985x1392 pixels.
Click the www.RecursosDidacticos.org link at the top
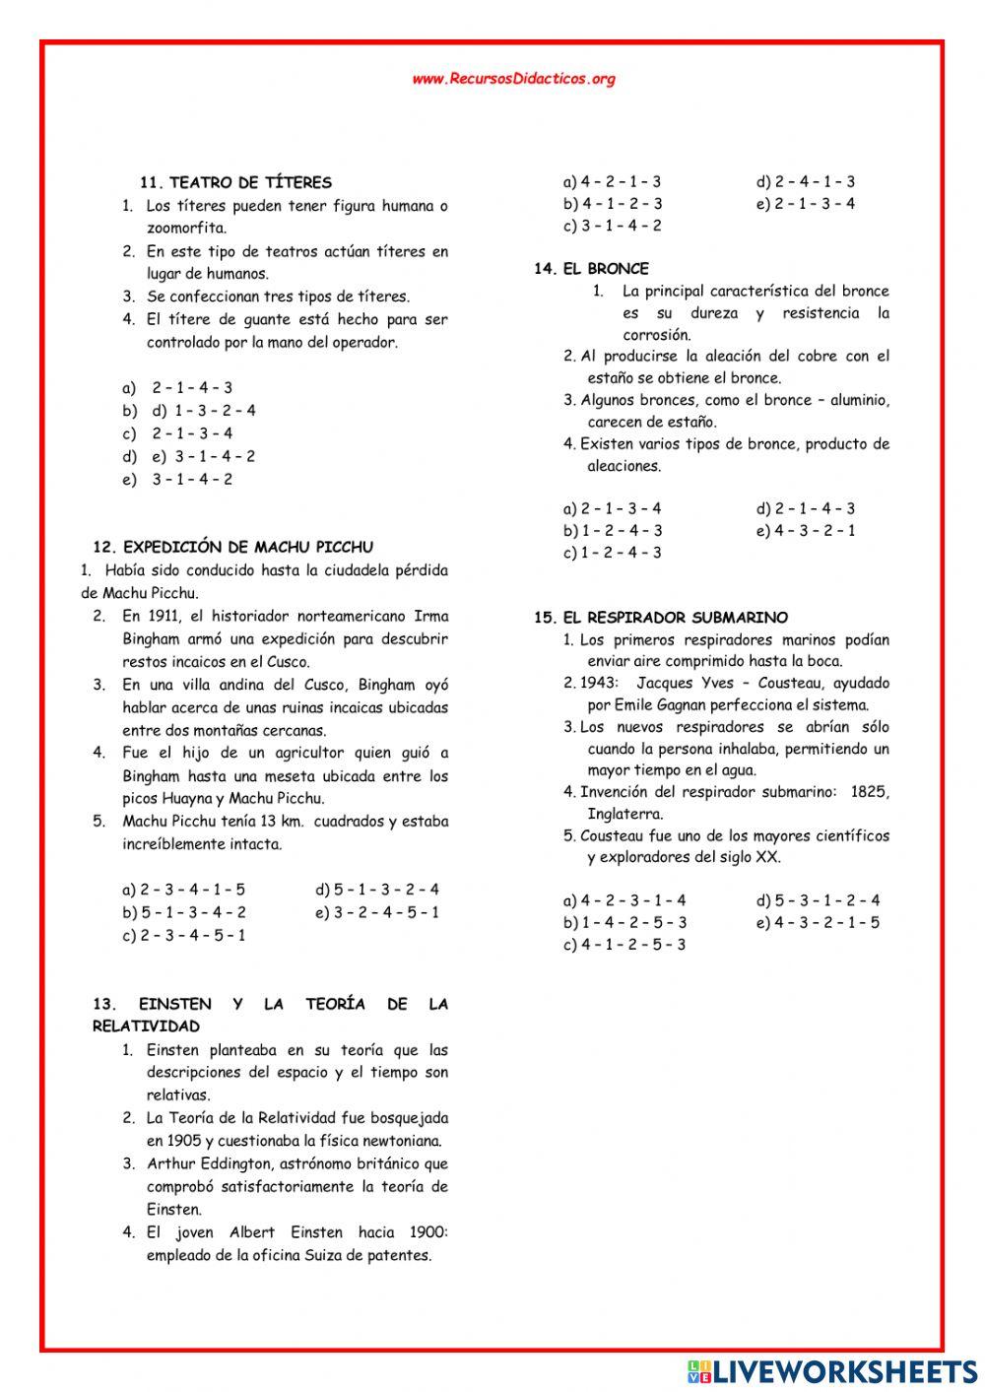pos(513,79)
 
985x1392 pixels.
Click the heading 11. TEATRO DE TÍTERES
pos(235,182)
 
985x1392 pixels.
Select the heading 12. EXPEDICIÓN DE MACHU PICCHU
pos(232,547)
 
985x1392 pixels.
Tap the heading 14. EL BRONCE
pos(591,268)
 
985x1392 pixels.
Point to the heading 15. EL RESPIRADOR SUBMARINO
pos(661,618)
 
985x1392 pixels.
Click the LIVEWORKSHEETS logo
pos(830,1370)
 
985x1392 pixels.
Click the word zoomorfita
pos(186,229)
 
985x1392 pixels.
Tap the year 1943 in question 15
pos(600,683)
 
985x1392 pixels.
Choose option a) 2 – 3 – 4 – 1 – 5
pos(183,890)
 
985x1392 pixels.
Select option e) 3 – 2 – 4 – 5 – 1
pos(377,912)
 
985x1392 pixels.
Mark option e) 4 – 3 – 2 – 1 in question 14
pos(806,530)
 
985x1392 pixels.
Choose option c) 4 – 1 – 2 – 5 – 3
pos(624,944)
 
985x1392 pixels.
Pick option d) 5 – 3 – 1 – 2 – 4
pos(819,900)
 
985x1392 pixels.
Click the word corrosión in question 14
pos(656,335)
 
